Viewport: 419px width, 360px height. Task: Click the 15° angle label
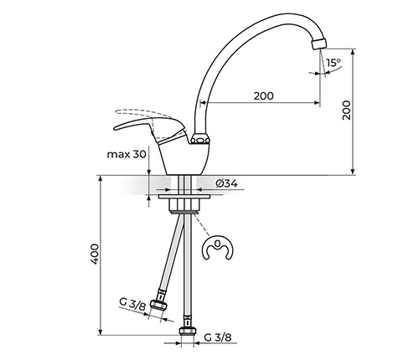point(334,63)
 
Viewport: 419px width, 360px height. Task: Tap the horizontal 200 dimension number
point(264,96)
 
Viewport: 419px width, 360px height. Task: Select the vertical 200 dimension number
point(346,111)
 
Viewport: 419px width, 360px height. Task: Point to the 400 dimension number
point(95,255)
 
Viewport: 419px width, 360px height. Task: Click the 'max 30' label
point(127,154)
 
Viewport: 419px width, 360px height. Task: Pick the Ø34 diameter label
point(226,183)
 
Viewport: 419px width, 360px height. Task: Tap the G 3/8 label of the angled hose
point(132,305)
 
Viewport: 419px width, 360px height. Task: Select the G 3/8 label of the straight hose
point(218,337)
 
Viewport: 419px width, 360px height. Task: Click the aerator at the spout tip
point(318,44)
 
